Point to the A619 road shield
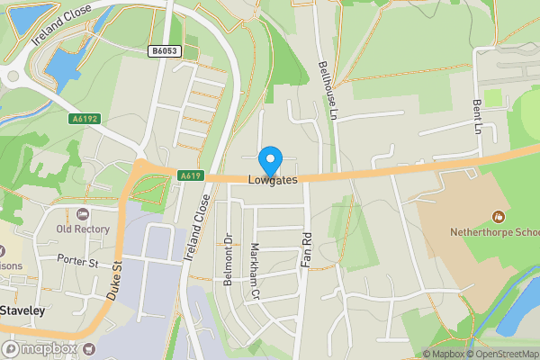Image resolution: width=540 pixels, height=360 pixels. pyautogui.click(x=189, y=175)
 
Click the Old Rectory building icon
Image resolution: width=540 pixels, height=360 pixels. pyautogui.click(x=83, y=214)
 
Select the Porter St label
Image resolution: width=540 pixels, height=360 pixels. pyautogui.click(x=76, y=262)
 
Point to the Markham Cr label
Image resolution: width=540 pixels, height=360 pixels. pyautogui.click(x=255, y=270)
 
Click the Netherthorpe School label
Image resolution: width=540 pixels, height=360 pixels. pyautogui.click(x=496, y=232)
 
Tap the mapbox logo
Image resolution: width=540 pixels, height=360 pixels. pyautogui.click(x=40, y=348)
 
